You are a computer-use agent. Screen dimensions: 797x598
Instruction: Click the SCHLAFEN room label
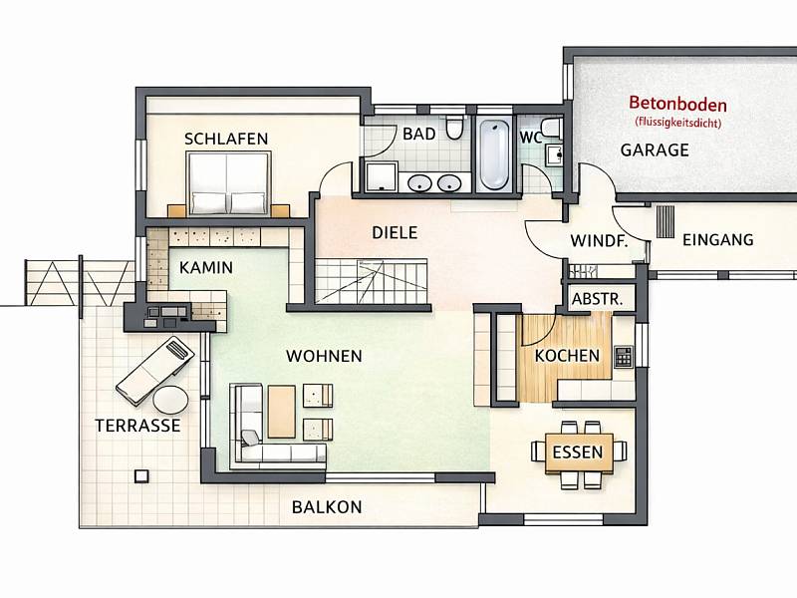pos(226,139)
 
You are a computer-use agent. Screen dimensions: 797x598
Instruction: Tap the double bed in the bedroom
pos(228,183)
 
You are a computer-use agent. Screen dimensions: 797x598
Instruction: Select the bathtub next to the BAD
pos(494,154)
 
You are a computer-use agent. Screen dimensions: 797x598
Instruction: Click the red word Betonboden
pos(677,105)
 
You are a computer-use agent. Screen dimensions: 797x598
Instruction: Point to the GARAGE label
pos(655,150)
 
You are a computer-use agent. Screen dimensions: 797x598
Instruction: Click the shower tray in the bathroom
pos(382,176)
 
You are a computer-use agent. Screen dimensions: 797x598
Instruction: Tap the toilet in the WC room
pos(551,129)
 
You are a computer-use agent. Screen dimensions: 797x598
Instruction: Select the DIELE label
pos(395,233)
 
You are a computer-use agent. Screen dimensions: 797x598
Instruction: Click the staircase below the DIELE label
pos(372,281)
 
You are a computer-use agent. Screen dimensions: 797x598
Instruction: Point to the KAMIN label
pos(206,267)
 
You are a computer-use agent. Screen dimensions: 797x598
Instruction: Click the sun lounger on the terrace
pos(155,370)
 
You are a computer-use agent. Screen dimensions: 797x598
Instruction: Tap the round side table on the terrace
pos(170,400)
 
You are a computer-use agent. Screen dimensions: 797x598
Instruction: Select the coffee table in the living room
pos(282,412)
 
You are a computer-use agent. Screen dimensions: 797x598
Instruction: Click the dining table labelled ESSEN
pos(579,453)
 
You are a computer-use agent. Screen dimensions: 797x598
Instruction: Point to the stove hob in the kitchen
pos(624,357)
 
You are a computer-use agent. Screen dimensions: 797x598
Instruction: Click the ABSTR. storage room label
pos(597,299)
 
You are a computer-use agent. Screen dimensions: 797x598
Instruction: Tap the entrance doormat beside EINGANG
pos(665,221)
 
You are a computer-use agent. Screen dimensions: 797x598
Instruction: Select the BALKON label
pos(327,507)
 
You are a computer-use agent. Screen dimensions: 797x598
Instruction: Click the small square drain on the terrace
pos(141,476)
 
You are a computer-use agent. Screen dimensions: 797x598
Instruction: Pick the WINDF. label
pos(600,241)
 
